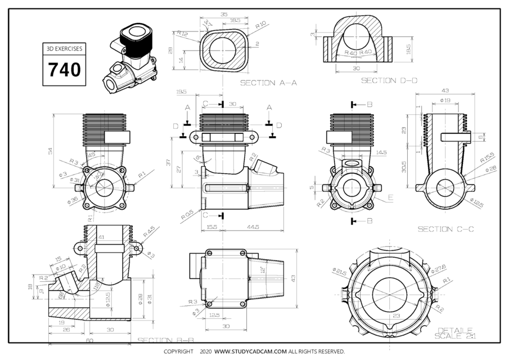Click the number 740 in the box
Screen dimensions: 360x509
pyautogui.click(x=64, y=69)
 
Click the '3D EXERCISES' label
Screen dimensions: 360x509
pyautogui.click(x=64, y=49)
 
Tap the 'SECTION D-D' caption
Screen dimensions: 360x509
pyautogui.click(x=389, y=80)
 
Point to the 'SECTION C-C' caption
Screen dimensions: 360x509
pyautogui.click(x=446, y=229)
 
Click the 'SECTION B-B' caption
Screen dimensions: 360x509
pyautogui.click(x=166, y=340)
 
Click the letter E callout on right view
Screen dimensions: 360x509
pyautogui.click(x=389, y=198)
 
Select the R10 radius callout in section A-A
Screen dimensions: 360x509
pyautogui.click(x=260, y=25)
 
